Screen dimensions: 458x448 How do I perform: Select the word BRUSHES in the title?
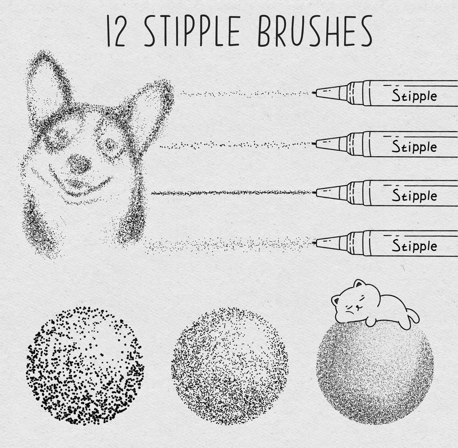314,31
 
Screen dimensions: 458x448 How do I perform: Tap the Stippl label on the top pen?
414,96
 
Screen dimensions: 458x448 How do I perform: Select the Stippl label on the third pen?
414,196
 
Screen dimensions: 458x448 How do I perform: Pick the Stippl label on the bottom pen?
414,246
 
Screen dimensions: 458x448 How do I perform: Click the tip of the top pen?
313,93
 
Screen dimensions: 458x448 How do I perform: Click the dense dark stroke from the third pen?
231,193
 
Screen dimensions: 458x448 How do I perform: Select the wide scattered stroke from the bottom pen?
228,245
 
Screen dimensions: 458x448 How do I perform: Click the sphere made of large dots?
85,366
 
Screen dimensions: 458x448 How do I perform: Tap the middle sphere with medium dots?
230,366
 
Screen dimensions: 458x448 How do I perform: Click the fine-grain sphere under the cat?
375,371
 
